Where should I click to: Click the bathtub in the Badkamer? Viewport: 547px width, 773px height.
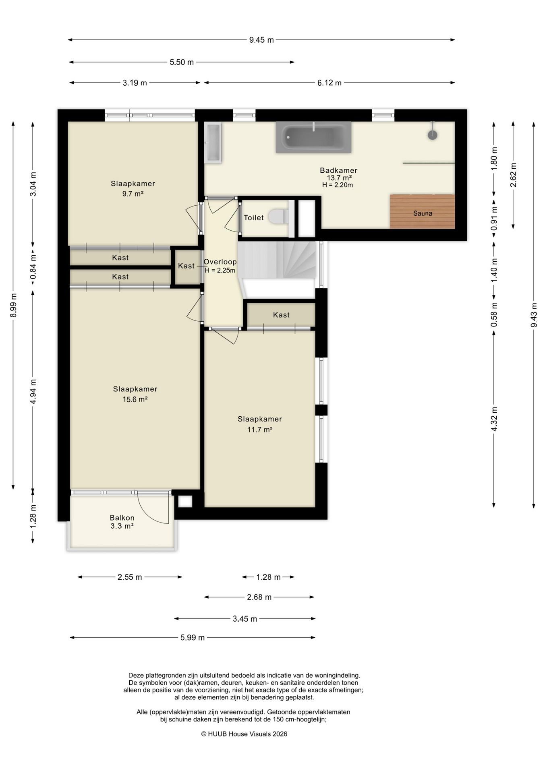tap(313, 137)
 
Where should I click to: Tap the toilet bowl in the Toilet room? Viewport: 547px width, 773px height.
tap(276, 216)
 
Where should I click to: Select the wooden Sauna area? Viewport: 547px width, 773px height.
tap(422, 212)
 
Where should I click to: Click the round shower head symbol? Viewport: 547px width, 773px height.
tap(432, 135)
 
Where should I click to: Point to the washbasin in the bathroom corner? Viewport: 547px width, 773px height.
tap(213, 143)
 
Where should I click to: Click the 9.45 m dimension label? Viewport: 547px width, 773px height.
tap(261, 40)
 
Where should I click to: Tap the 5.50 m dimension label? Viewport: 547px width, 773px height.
tap(182, 62)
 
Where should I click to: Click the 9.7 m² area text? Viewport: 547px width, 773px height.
tap(133, 194)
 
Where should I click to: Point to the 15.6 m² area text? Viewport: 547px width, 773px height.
tap(135, 399)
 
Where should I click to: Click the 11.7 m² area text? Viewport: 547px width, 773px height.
tap(260, 430)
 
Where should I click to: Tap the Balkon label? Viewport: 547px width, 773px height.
tap(122, 518)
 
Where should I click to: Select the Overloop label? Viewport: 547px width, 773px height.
tap(220, 262)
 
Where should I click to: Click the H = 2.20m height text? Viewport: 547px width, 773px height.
tap(338, 185)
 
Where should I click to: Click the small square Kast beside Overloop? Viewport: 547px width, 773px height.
tap(186, 267)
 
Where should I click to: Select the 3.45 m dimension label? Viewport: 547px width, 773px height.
tap(245, 619)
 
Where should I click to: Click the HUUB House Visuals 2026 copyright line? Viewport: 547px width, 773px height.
tap(244, 734)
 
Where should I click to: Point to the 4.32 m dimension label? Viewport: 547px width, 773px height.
tap(494, 419)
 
